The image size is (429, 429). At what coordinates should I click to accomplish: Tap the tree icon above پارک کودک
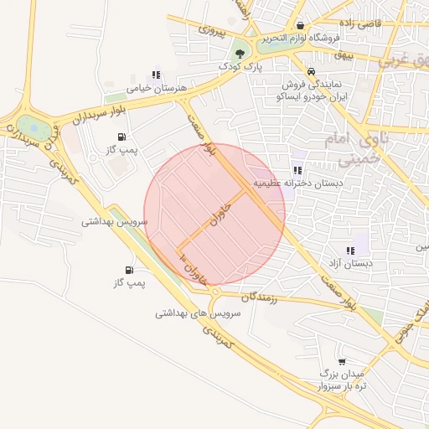tap(240, 53)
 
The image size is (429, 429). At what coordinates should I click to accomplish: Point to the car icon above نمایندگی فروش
tap(311, 71)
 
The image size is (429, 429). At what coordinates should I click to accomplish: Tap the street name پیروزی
tap(212, 30)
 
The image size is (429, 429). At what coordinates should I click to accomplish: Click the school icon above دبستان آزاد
tap(350, 251)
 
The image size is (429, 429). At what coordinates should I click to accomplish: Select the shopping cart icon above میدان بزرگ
tap(341, 360)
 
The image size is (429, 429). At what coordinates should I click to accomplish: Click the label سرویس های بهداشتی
tap(198, 313)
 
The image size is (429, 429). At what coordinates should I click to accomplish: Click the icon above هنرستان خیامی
tap(155, 75)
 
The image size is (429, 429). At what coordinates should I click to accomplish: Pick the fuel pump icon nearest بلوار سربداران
tap(123, 137)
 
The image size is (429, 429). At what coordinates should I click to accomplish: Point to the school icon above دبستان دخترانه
tap(297, 170)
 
